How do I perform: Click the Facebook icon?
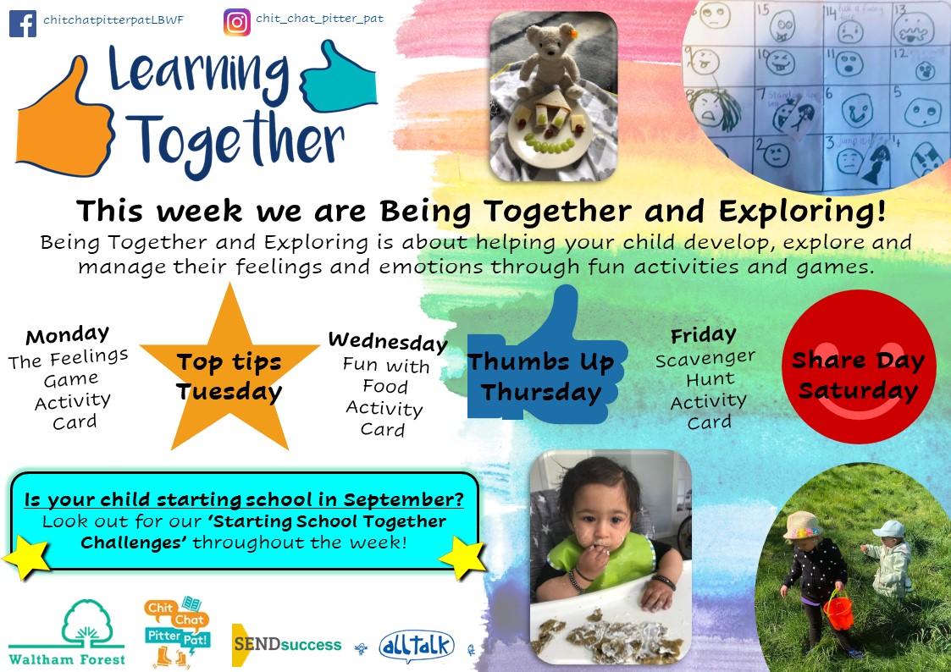tap(22, 24)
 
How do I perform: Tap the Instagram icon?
tap(237, 22)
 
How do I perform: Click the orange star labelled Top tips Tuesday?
tap(229, 370)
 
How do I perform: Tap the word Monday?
tap(67, 334)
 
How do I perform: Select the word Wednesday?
tap(388, 342)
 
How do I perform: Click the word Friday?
tap(704, 334)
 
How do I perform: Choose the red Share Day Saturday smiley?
tap(859, 366)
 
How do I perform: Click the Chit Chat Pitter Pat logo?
tap(177, 631)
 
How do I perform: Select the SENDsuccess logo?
tap(287, 645)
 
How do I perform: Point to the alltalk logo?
tap(417, 646)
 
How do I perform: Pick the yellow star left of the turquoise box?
tap(26, 557)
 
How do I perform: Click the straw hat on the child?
tap(801, 525)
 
